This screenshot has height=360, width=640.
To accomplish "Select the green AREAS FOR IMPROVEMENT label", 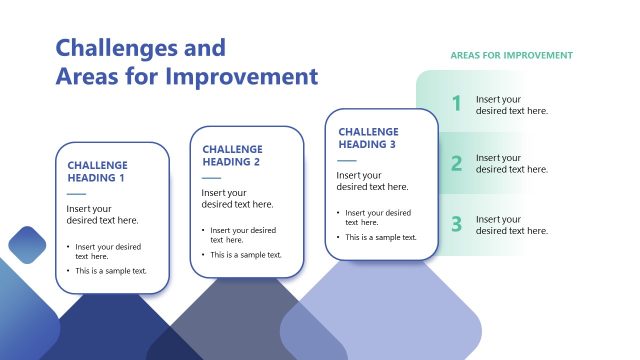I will coord(511,55).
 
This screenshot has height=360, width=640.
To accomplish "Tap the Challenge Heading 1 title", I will coord(97,171).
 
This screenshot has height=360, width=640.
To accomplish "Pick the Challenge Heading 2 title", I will coord(232,155).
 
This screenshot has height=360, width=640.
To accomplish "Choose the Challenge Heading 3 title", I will coord(368,138).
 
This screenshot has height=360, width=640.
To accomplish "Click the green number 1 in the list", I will coord(456,103).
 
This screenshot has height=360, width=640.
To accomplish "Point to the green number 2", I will coord(456,164).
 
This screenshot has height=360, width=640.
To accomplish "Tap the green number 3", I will coord(456,224).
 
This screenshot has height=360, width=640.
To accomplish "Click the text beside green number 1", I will coord(511,105).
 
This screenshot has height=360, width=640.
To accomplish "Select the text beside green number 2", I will coord(511,164).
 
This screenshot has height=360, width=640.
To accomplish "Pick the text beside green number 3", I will coord(511,225).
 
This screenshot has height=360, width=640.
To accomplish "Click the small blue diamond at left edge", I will coord(27,244).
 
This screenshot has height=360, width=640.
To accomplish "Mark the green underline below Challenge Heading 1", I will coord(76,193).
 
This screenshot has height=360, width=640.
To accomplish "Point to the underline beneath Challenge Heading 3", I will coord(346,160).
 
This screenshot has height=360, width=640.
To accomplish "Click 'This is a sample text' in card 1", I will coord(111,271).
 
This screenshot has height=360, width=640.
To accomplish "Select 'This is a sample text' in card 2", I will coord(246,255).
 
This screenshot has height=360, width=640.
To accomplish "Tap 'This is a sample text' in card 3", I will coord(381,237).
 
